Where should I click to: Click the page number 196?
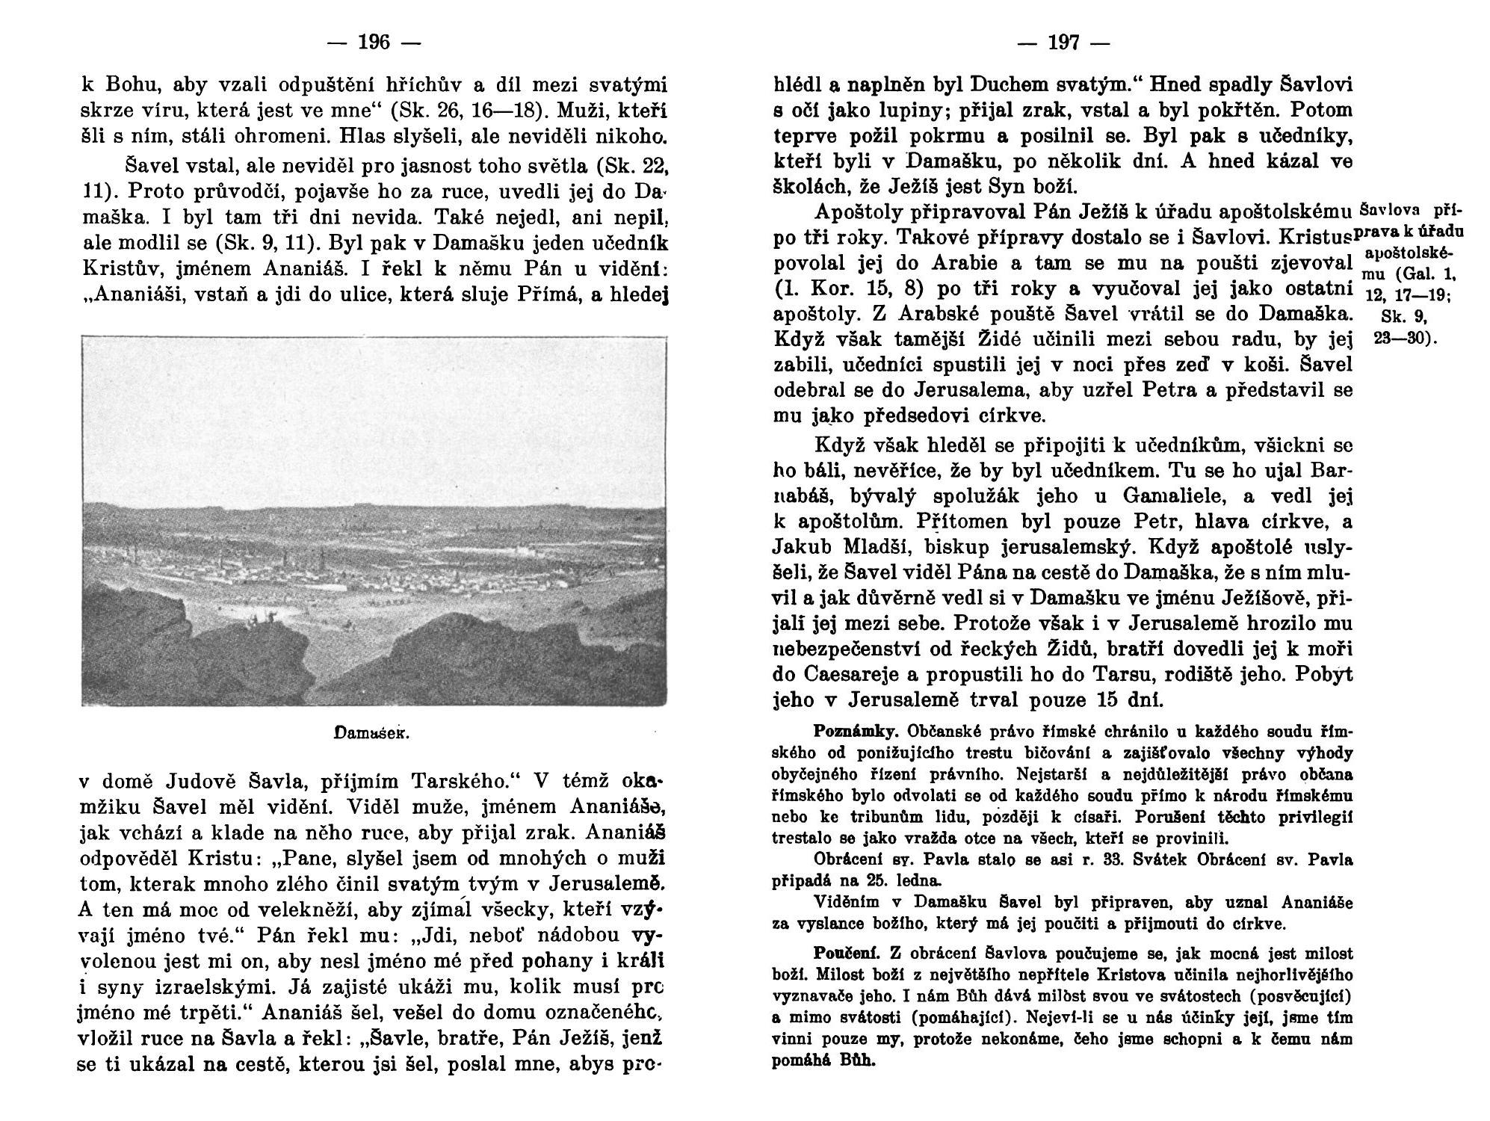pyautogui.click(x=374, y=43)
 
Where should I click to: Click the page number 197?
pyautogui.click(x=1064, y=43)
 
